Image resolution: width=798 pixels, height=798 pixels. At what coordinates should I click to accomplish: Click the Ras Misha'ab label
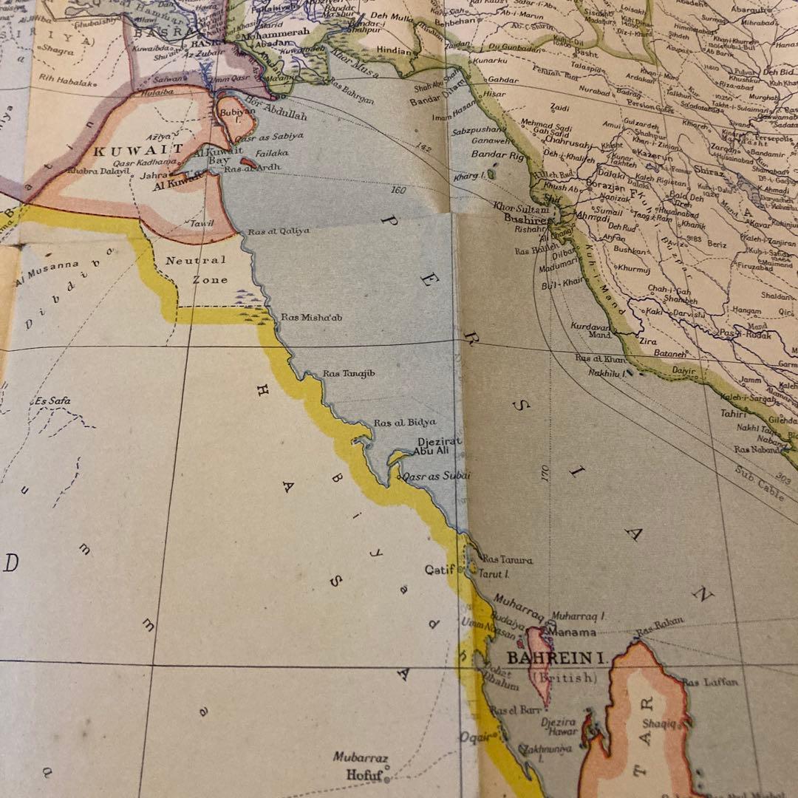312,317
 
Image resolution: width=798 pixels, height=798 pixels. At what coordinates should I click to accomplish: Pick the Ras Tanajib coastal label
349,374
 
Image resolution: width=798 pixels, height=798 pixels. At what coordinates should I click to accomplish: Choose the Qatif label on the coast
439,570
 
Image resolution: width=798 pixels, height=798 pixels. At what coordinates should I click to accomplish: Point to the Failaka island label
273,153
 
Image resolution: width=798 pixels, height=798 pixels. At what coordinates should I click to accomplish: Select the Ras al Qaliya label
279,231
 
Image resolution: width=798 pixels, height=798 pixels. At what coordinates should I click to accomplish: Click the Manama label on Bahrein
571,632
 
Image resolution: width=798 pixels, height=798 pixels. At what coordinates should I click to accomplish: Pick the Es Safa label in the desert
52,401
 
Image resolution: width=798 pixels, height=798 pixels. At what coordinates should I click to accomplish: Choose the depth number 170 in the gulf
545,473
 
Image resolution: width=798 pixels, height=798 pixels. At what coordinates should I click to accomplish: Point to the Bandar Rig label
499,154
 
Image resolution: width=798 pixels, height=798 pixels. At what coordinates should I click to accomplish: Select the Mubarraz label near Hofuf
360,757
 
